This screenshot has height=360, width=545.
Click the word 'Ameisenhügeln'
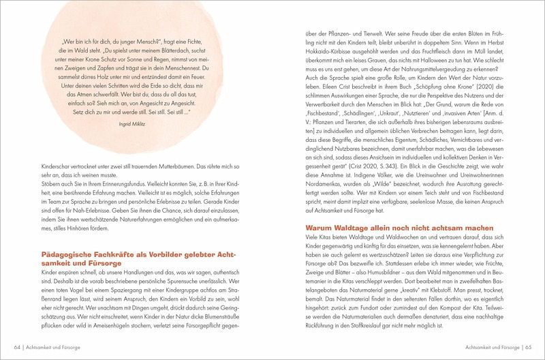[x=107, y=325]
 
